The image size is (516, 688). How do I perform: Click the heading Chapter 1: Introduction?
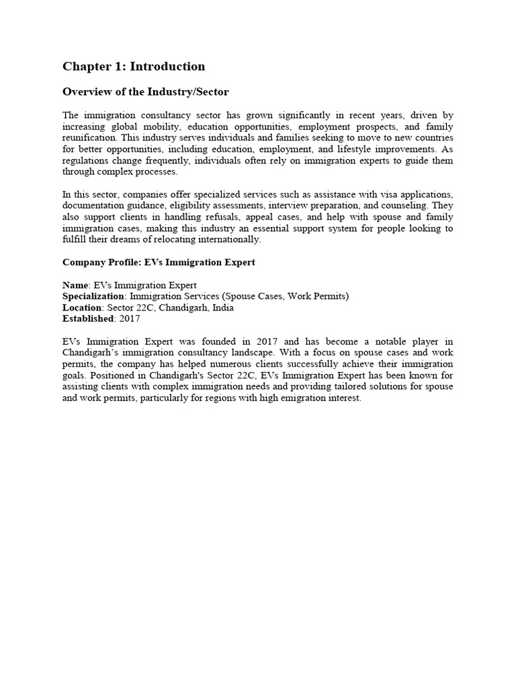(x=134, y=66)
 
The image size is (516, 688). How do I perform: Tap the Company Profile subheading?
(x=159, y=262)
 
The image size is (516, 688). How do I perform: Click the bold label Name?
(x=75, y=285)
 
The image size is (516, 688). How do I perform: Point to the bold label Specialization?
(x=93, y=296)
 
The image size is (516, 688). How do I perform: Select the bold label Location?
(x=82, y=308)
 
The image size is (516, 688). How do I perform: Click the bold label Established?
(x=87, y=318)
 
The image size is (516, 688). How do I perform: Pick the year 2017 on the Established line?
(x=129, y=318)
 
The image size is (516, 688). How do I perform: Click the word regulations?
(x=88, y=161)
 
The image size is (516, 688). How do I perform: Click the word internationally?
(x=226, y=240)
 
